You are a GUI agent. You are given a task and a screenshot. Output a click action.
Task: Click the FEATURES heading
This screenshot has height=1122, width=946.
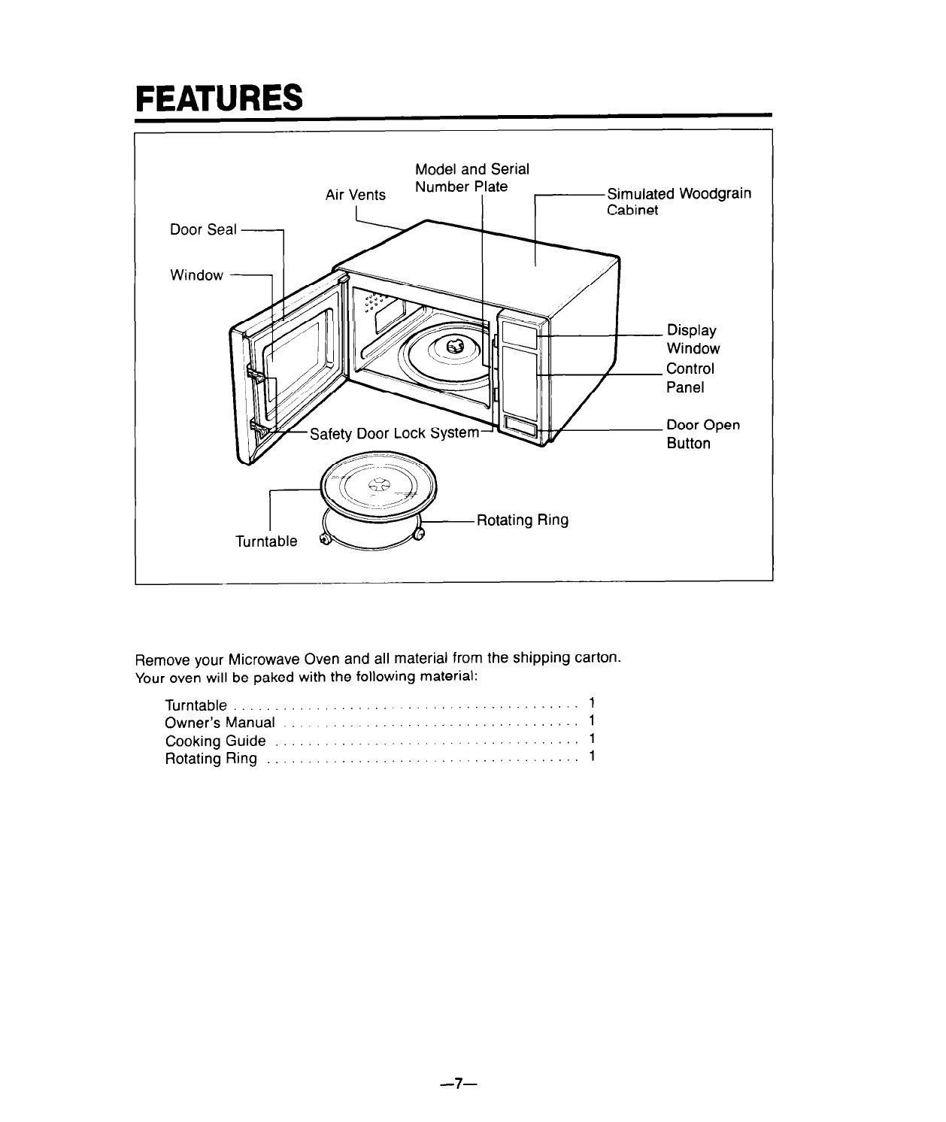coord(220,98)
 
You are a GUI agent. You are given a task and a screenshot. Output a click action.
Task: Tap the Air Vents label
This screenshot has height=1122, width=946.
coord(355,195)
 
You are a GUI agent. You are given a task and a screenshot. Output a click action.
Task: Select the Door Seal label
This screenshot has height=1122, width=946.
coord(203,229)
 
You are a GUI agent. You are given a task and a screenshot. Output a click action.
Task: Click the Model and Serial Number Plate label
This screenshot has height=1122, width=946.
coord(472,178)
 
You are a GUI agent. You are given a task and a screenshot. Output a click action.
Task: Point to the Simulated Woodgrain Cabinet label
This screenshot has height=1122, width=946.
coord(679,202)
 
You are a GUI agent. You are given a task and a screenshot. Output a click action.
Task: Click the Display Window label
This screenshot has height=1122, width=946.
coord(693,339)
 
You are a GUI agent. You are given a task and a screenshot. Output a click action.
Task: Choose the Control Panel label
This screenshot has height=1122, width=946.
coord(690,378)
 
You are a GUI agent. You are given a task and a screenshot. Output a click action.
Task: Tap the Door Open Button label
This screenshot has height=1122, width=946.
coord(703,434)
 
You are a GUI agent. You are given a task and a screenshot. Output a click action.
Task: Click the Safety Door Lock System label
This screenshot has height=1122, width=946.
coord(394,433)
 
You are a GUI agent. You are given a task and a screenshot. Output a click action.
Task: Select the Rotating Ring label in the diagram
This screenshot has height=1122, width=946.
coord(523,520)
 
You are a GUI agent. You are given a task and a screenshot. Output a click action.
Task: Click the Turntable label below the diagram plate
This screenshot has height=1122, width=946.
coord(266,541)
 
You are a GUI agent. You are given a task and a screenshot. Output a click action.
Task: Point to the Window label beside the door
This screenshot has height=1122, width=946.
coord(197,275)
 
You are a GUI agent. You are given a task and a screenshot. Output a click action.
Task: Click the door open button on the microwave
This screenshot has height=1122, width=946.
coord(520,429)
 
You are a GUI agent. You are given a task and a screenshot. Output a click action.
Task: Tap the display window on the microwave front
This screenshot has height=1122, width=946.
coord(519,334)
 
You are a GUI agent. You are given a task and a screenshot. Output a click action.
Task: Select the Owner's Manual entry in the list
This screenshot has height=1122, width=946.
coord(220,722)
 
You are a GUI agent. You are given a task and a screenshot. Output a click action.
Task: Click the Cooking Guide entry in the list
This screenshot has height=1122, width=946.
coord(216,741)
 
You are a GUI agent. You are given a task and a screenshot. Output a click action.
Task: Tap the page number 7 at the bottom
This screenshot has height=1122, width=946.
coord(459,1084)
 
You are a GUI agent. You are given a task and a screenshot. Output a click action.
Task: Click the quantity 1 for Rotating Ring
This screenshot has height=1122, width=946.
coord(592,756)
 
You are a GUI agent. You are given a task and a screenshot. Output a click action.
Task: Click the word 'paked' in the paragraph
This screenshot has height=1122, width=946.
coord(274,677)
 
